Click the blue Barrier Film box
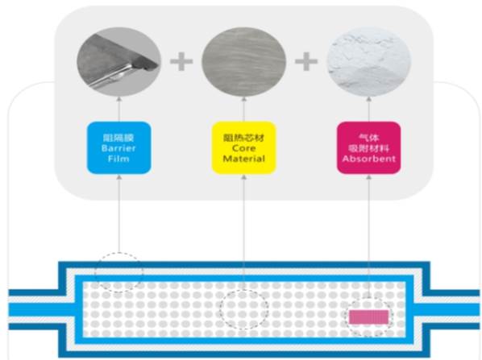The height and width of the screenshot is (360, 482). [119, 147]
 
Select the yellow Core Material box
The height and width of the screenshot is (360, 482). [243, 147]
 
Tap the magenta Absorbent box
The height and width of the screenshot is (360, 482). [369, 147]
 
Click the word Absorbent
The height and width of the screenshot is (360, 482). [369, 159]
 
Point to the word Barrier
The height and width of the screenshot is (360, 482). [118, 148]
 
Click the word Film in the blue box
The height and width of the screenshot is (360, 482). [118, 159]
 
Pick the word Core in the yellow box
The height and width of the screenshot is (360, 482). [243, 148]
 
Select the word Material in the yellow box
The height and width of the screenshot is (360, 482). [243, 159]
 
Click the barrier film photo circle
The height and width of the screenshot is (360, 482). [119, 62]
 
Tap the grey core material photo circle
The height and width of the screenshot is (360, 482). [243, 62]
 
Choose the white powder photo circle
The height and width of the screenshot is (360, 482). [368, 62]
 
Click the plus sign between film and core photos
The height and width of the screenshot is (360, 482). [181, 61]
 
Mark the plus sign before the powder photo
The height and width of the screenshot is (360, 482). [306, 61]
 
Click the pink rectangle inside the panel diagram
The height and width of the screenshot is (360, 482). [369, 317]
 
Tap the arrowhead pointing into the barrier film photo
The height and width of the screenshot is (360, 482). [119, 99]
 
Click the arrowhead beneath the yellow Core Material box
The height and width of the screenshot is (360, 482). [243, 177]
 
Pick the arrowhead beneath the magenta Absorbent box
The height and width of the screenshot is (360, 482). [369, 177]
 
